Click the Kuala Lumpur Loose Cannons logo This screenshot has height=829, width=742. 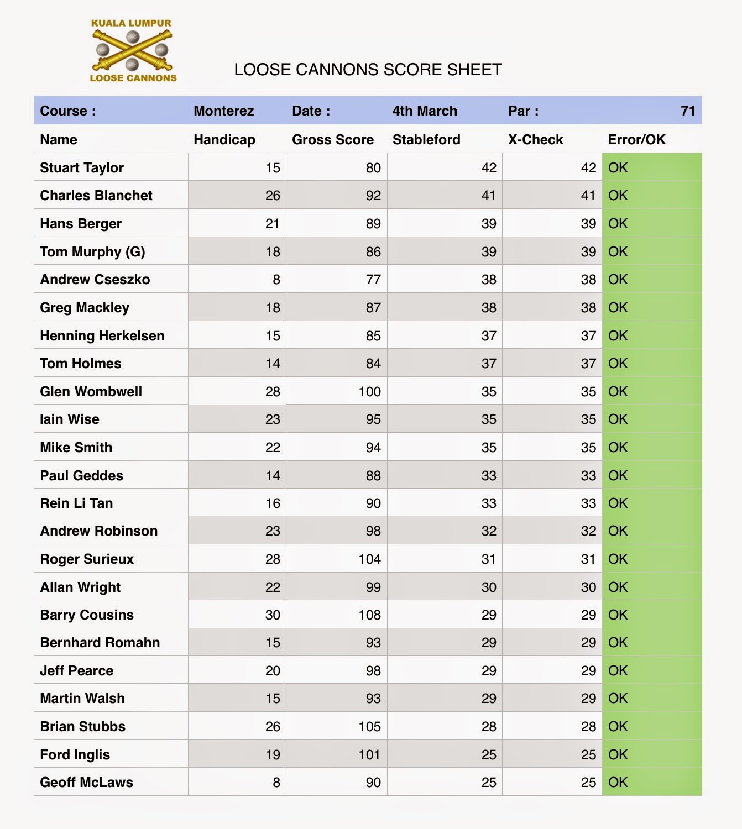pyautogui.click(x=133, y=51)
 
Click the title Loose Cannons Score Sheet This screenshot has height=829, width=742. pyautogui.click(x=368, y=70)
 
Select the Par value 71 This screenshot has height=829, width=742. pyautogui.click(x=687, y=111)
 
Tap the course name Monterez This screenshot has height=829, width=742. pyautogui.click(x=223, y=111)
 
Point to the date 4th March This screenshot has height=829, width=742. pyautogui.click(x=425, y=111)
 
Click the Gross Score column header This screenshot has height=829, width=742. pyautogui.click(x=332, y=140)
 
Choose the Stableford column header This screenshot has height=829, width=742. pyautogui.click(x=426, y=140)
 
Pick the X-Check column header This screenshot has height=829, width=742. pyautogui.click(x=535, y=140)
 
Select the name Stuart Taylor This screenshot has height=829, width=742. pyautogui.click(x=82, y=168)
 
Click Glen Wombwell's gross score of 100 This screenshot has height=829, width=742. pyautogui.click(x=369, y=392)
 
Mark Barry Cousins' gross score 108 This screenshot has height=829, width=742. pyautogui.click(x=369, y=615)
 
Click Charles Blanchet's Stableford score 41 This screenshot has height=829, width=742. pyautogui.click(x=488, y=196)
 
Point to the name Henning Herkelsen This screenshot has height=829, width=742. pyautogui.click(x=102, y=336)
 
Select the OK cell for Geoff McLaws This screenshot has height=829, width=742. pyautogui.click(x=618, y=783)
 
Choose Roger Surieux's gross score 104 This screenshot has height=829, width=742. pyautogui.click(x=369, y=559)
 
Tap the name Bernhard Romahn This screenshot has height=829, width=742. pyautogui.click(x=100, y=643)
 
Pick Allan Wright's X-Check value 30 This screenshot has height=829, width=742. pyautogui.click(x=588, y=587)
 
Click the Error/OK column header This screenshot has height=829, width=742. pyautogui.click(x=636, y=140)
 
